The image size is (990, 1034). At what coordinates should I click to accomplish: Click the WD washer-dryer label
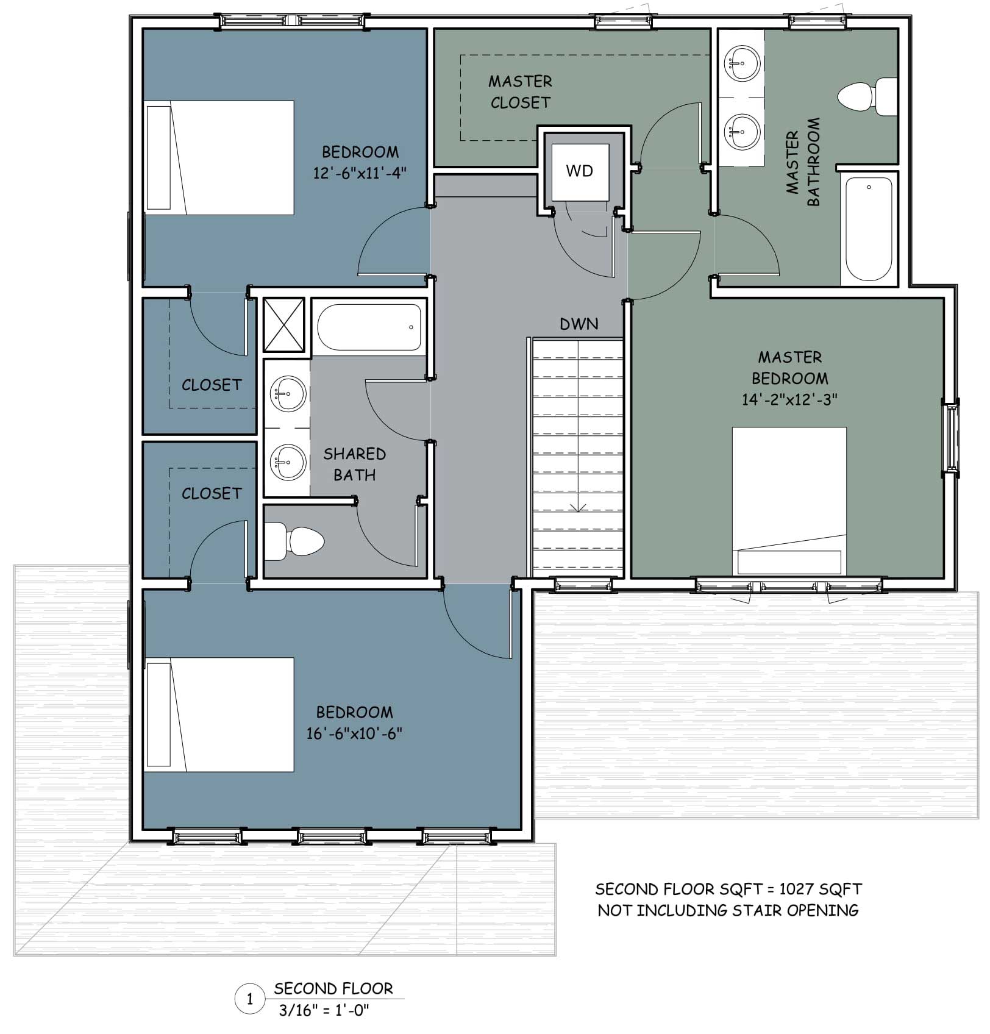[579, 171]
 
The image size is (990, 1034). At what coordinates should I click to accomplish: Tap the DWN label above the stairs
[579, 324]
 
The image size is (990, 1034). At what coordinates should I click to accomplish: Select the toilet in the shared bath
[294, 541]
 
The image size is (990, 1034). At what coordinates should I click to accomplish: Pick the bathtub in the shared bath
[369, 327]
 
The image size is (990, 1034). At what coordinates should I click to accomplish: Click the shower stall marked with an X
[283, 324]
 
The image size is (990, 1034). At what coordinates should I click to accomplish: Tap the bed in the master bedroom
[789, 501]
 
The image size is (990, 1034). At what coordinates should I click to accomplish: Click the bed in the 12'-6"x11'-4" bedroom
[219, 158]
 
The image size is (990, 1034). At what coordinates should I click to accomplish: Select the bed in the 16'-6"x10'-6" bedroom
[219, 715]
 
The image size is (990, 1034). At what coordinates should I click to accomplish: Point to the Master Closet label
[520, 92]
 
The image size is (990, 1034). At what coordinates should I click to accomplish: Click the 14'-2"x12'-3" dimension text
[789, 399]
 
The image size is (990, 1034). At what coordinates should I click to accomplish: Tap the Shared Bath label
[355, 464]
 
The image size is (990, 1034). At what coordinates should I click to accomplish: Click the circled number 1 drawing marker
[249, 999]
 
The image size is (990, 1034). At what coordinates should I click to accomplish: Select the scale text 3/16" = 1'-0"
[324, 1010]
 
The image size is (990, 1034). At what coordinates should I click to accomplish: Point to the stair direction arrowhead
[579, 508]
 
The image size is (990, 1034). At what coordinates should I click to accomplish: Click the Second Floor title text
[333, 988]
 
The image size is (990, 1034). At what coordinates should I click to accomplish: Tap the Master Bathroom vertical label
[803, 162]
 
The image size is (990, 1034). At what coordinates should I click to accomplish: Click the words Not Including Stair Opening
[728, 910]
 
